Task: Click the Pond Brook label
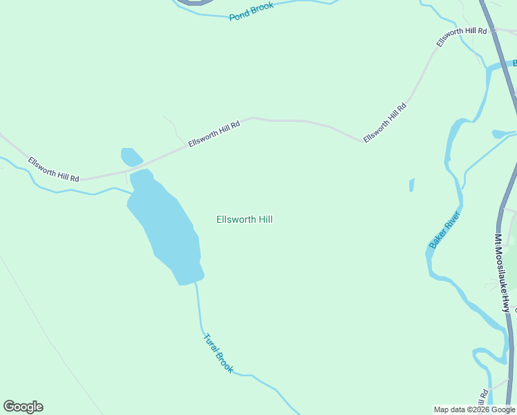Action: [x=252, y=11]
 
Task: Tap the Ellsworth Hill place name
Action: [x=245, y=220]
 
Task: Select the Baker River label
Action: [x=444, y=230]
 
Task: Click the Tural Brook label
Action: [x=218, y=353]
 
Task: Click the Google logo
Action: [x=23, y=407]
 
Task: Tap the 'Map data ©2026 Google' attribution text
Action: [x=475, y=409]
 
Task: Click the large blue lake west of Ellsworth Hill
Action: [x=166, y=225]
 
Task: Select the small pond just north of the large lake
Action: [x=130, y=157]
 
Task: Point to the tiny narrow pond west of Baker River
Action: [x=412, y=185]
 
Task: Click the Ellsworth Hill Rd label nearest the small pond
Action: [x=214, y=134]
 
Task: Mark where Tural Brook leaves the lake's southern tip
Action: [x=196, y=283]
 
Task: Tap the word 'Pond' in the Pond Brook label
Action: [x=239, y=15]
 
